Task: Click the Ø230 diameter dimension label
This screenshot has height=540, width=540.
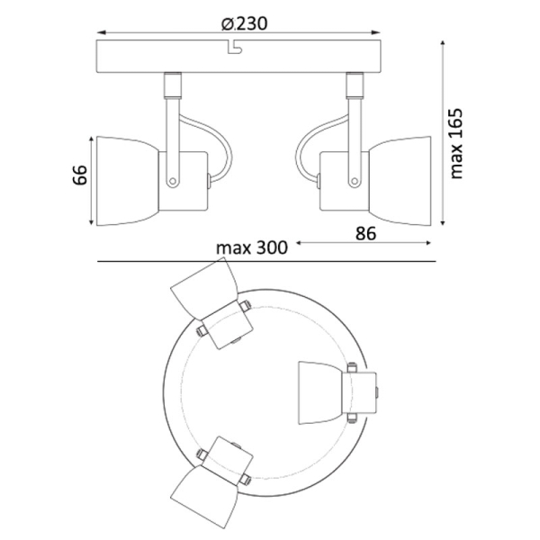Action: point(244,23)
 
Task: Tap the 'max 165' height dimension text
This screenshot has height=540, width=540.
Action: point(456,144)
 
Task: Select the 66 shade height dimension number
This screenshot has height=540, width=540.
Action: point(80,175)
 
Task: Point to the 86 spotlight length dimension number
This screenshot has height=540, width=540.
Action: point(365,234)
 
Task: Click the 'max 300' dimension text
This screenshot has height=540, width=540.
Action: point(252,248)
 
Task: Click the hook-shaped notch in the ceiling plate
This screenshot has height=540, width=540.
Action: point(235,48)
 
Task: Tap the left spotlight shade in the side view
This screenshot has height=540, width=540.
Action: point(128,181)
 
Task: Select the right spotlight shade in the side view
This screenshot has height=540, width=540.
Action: point(400,181)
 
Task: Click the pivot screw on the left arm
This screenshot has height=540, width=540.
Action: point(173,181)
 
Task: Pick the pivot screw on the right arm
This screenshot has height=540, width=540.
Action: point(354,181)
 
